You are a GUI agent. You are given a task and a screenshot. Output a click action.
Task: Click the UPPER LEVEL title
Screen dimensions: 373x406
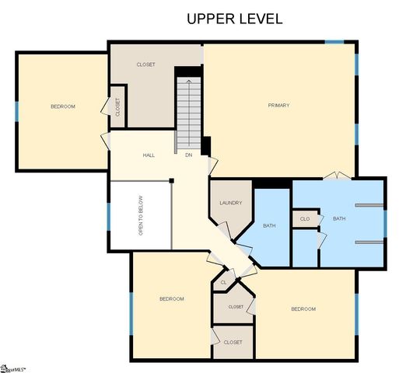click(x=234, y=19)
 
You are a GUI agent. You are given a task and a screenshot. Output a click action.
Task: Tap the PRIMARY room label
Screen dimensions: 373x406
click(x=278, y=105)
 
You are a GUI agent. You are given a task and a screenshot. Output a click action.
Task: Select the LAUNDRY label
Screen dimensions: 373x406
click(x=231, y=203)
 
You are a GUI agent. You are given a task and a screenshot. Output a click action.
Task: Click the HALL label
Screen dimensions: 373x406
click(x=149, y=155)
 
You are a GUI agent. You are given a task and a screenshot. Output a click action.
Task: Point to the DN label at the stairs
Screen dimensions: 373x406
click(x=188, y=155)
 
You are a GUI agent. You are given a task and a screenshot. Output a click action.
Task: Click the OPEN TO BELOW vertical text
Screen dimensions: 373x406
click(x=141, y=215)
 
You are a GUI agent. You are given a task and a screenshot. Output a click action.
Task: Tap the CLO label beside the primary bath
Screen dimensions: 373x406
click(x=305, y=219)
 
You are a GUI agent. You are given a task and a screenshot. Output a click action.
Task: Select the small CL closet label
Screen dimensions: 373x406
click(x=223, y=282)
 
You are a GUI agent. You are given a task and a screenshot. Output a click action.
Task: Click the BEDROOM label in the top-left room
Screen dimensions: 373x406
click(x=63, y=106)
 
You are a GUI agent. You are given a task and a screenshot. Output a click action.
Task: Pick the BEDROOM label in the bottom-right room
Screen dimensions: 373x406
click(x=303, y=309)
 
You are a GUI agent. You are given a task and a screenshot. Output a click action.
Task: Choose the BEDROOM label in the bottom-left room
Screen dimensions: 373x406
click(x=172, y=298)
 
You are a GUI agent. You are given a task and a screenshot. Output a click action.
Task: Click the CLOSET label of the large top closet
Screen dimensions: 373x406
click(x=145, y=64)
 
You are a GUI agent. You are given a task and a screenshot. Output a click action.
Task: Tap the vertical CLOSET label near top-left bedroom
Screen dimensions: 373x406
click(x=117, y=107)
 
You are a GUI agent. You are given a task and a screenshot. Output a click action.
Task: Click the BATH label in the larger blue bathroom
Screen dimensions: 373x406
click(x=339, y=218)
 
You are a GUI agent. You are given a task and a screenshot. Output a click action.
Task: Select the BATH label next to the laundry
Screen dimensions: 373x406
click(x=269, y=225)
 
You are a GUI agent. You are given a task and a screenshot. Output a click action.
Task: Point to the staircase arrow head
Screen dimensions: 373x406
click(x=187, y=79)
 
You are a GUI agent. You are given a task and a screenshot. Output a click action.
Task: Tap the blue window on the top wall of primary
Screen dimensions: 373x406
click(x=334, y=41)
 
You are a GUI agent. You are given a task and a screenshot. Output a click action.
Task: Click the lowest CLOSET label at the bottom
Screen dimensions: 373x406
click(x=233, y=342)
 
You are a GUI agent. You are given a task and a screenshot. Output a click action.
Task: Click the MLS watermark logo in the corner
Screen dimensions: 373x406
click(x=13, y=366)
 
